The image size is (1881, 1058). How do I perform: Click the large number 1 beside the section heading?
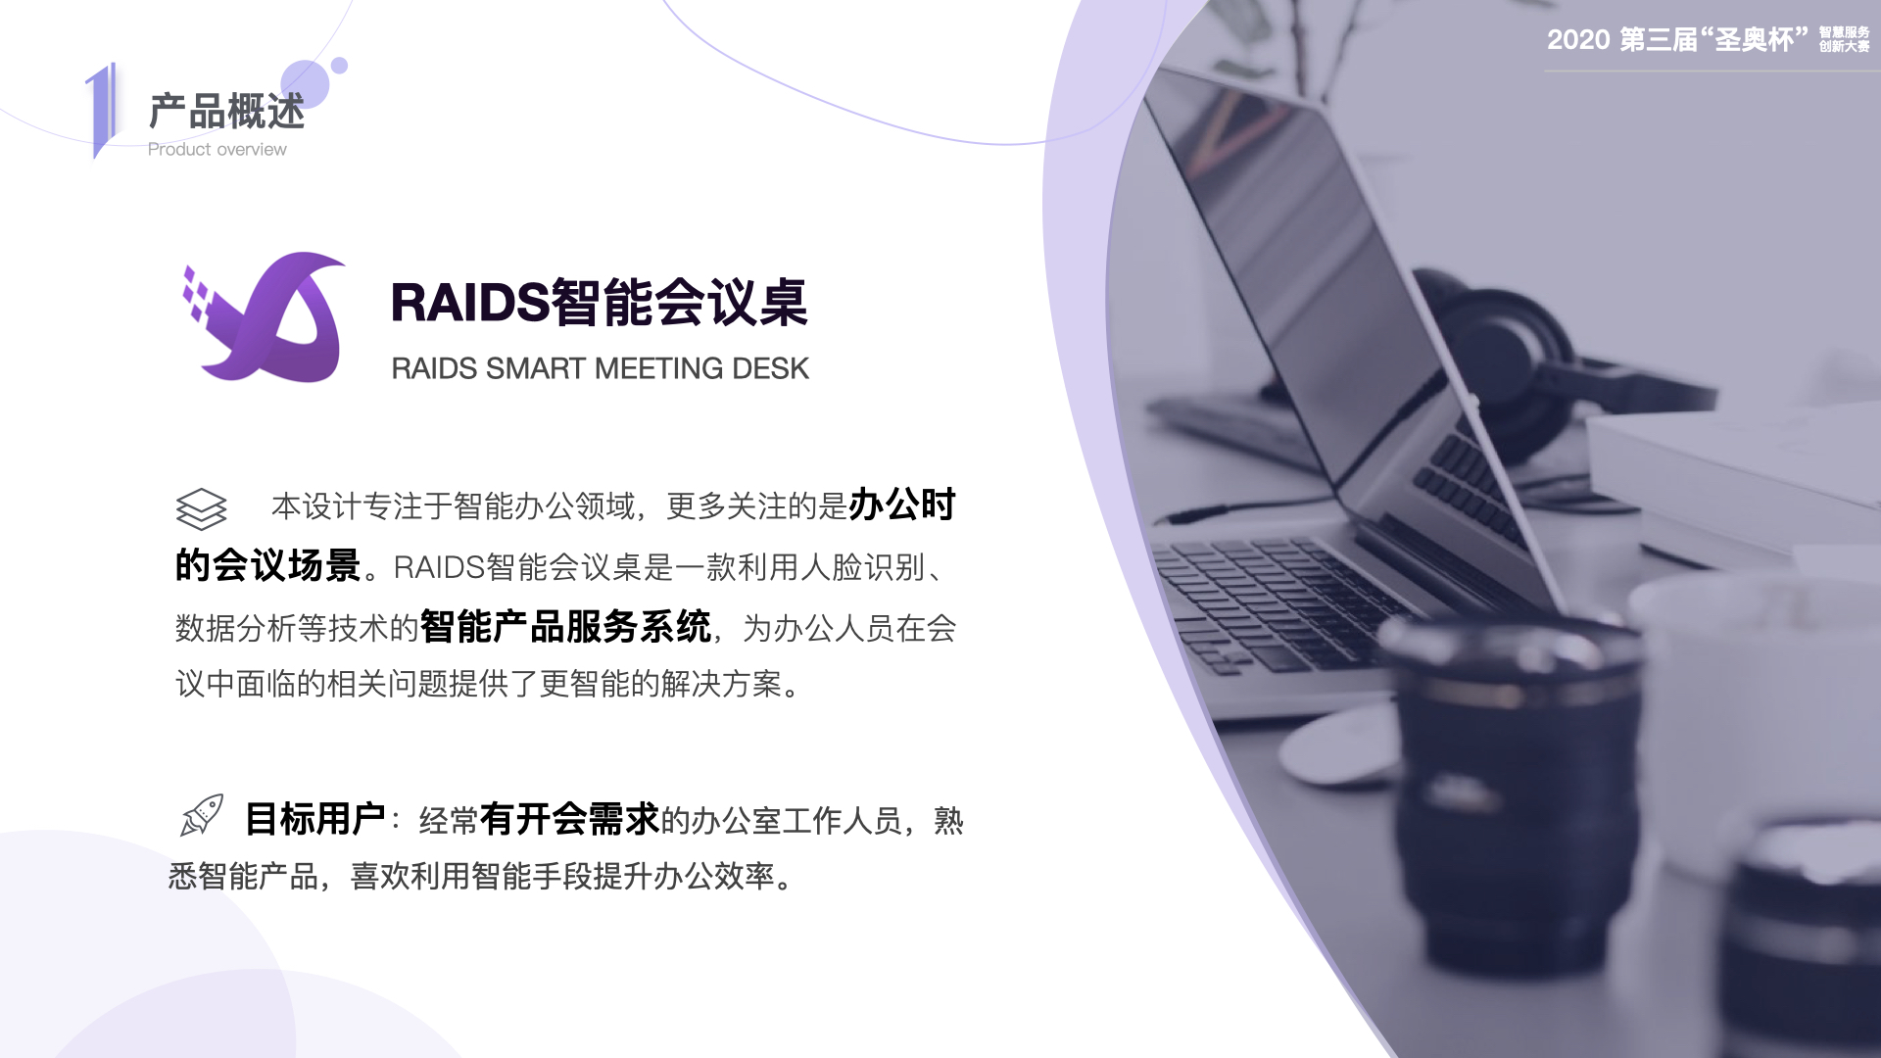(101, 110)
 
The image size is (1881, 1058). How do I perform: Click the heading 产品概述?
(226, 112)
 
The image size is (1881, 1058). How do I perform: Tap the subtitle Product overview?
(217, 150)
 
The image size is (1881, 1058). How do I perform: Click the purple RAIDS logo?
(265, 318)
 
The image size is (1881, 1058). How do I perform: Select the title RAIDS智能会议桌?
(599, 302)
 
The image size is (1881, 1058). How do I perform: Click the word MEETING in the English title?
(659, 369)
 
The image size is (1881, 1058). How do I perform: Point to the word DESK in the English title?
(770, 369)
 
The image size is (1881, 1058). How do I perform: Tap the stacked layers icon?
(201, 508)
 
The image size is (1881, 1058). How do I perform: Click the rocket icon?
(202, 816)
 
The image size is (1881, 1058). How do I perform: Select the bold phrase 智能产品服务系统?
(565, 627)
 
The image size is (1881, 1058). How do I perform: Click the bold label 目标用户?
(314, 819)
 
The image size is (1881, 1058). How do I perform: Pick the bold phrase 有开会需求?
(569, 819)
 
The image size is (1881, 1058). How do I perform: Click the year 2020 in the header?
(1578, 40)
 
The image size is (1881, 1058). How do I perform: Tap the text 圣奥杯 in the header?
(1754, 40)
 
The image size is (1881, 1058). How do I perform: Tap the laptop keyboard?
(1293, 598)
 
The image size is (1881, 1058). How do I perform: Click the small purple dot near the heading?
(339, 66)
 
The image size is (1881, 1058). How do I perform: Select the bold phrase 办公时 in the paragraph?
(901, 505)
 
